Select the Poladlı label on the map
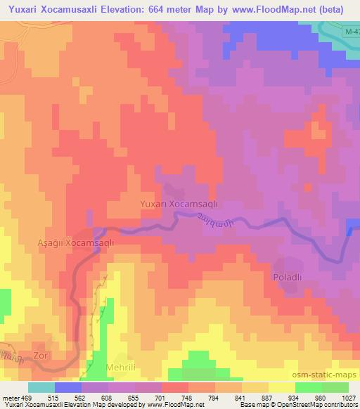tap(287, 278)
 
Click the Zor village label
tap(40, 356)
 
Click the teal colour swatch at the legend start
tap(41, 387)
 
